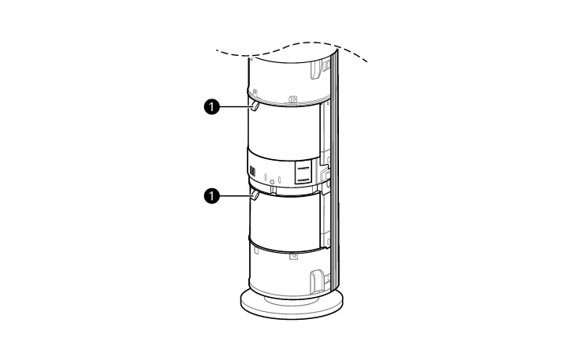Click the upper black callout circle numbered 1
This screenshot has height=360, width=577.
pyautogui.click(x=211, y=107)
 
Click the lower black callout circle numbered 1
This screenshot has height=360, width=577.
pyautogui.click(x=211, y=195)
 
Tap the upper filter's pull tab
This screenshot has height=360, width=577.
pyautogui.click(x=255, y=106)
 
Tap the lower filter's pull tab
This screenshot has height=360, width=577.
pyautogui.click(x=255, y=195)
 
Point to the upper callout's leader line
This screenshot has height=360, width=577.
pyautogui.click(x=236, y=107)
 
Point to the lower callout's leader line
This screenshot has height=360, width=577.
pyautogui.click(x=236, y=195)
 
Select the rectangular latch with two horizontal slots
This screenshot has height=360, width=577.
pyautogui.click(x=303, y=172)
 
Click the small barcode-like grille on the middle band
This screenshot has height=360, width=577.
pyautogui.click(x=253, y=172)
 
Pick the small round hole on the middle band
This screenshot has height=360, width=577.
pyautogui.click(x=272, y=181)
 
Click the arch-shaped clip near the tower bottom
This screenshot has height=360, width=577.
pyautogui.click(x=316, y=282)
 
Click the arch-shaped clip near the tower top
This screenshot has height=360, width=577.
pyautogui.click(x=316, y=69)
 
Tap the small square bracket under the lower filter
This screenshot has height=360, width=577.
pyautogui.click(x=293, y=256)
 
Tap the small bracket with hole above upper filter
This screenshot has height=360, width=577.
pyautogui.click(x=293, y=99)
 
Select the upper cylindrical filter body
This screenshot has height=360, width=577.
pyautogui.click(x=284, y=128)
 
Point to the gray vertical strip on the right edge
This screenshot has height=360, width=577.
pyautogui.click(x=334, y=169)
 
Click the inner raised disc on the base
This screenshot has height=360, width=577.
pyautogui.click(x=291, y=299)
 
